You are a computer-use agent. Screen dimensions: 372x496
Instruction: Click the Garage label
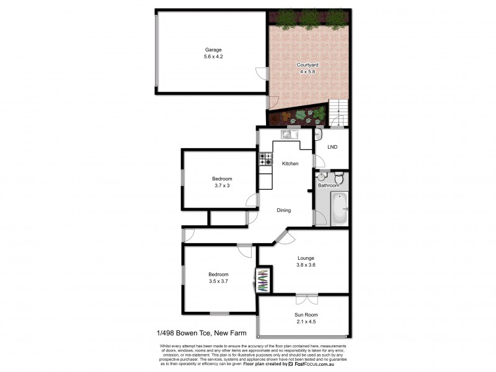tap(213, 50)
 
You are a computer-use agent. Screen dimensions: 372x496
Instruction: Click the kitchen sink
tap(288, 134)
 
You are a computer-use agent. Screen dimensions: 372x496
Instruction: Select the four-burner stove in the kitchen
tap(265, 159)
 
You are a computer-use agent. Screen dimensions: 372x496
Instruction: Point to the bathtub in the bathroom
tap(339, 208)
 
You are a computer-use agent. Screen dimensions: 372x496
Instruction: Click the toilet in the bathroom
tap(338, 177)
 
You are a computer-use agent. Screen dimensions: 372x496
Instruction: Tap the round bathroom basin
tap(322, 177)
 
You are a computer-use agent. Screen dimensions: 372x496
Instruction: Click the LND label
tap(332, 147)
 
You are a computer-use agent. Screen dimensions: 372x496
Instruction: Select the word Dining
tap(284, 210)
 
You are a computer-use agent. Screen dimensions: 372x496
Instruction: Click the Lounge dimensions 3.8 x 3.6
tap(305, 265)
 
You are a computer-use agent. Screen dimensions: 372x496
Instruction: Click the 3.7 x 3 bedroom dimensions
tap(222, 185)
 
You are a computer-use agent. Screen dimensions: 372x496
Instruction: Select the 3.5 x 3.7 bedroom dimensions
tap(218, 281)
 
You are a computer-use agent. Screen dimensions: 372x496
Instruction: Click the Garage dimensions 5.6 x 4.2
tap(213, 56)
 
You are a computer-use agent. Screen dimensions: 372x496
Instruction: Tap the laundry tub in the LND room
tap(317, 134)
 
